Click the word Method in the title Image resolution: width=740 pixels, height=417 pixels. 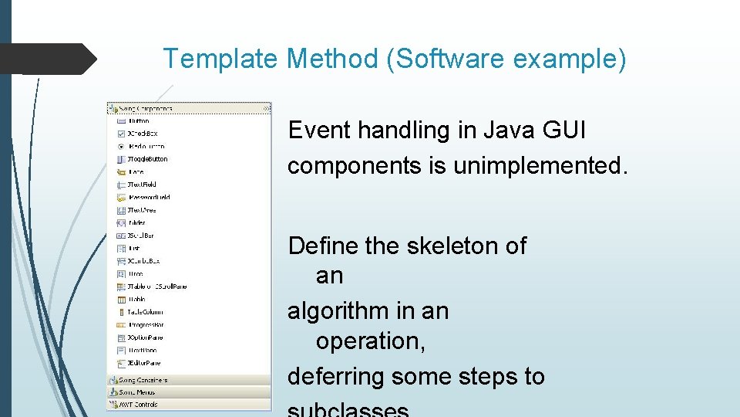point(332,58)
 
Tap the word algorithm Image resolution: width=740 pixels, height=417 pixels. point(340,311)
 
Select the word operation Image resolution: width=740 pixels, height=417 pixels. point(370,341)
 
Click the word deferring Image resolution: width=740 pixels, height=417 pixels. point(336,376)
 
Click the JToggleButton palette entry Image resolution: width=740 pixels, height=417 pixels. point(146,159)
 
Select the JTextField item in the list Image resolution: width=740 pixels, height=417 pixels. point(142,185)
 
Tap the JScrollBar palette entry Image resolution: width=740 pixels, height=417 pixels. point(141,236)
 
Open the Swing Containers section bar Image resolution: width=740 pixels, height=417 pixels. point(190,380)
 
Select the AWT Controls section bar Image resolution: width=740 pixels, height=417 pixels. point(190,404)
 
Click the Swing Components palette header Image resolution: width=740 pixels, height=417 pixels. point(190,109)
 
